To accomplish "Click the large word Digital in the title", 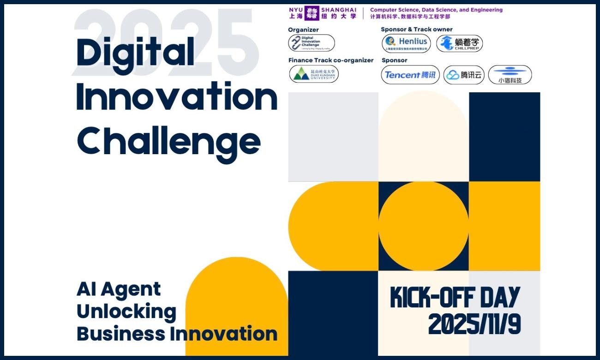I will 135,52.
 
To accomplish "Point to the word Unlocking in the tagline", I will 126,312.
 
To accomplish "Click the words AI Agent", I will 119,289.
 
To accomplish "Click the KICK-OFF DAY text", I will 455,297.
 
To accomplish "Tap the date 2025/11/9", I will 474,324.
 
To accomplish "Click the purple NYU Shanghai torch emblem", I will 312,13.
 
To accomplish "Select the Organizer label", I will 303,30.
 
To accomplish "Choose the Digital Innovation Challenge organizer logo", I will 312,43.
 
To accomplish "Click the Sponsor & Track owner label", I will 417,30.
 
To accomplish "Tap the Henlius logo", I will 406,43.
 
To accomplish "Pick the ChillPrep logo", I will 459,43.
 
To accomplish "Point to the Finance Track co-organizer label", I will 331,60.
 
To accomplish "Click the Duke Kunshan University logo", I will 314,74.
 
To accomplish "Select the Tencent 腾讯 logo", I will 410,75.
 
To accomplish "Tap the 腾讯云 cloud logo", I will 464,75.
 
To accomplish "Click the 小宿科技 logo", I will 510,75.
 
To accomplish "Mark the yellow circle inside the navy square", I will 423,226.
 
